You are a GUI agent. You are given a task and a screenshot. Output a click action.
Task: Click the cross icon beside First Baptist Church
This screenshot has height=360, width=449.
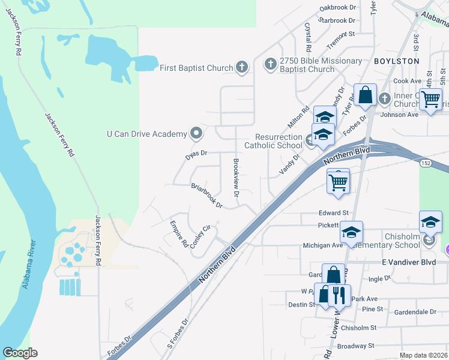point(242,67)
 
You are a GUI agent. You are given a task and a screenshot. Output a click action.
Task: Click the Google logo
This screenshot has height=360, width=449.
point(20,353)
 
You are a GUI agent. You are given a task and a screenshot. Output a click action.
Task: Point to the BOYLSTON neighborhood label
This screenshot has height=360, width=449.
point(396,61)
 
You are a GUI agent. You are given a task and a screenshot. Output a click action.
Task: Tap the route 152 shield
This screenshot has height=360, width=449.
point(426,163)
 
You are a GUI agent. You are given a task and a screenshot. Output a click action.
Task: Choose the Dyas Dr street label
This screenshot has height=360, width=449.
point(196,154)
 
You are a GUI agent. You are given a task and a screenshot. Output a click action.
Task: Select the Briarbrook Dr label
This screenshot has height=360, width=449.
point(207,196)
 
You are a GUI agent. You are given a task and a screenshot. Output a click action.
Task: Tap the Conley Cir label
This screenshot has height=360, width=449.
point(201,239)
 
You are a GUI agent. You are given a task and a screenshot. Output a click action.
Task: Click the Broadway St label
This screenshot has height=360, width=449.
point(357,346)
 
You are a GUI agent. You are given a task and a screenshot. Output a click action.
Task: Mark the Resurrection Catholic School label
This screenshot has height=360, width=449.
point(274,141)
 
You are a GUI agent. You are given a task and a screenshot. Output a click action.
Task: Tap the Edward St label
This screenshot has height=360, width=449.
point(334,213)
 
